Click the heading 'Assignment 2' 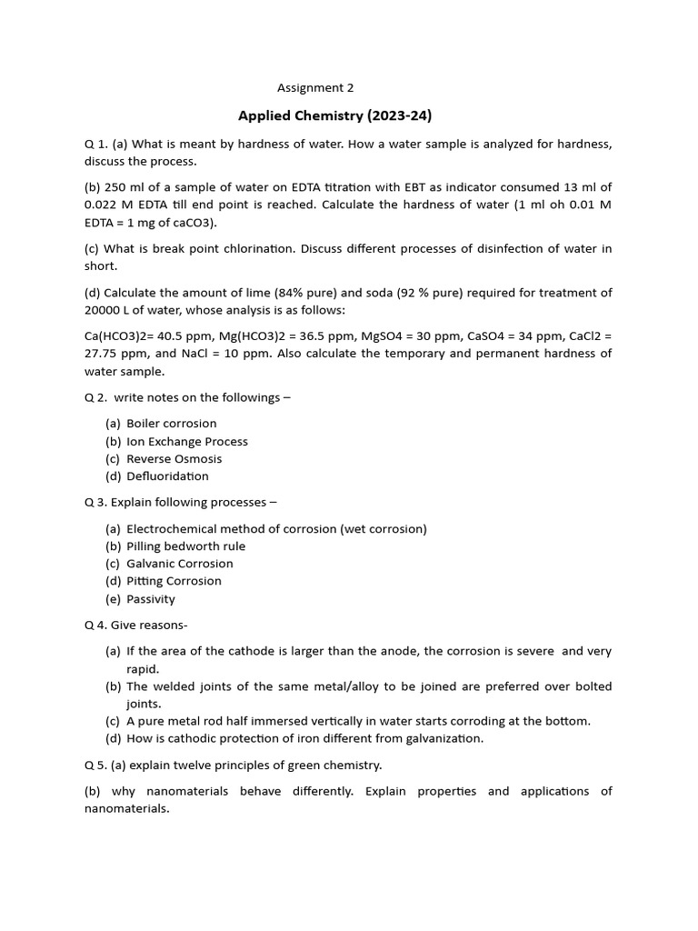315,88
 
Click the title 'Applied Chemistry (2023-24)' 334,115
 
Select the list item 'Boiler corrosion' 171,424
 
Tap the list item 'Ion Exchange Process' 186,441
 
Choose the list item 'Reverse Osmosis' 174,459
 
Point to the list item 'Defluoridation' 167,476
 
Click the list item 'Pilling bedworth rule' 185,546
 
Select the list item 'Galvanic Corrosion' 179,564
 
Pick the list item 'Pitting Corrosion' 174,581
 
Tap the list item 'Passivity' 151,599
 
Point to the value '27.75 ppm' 115,354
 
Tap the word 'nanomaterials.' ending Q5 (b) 126,808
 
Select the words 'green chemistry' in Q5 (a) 334,765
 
